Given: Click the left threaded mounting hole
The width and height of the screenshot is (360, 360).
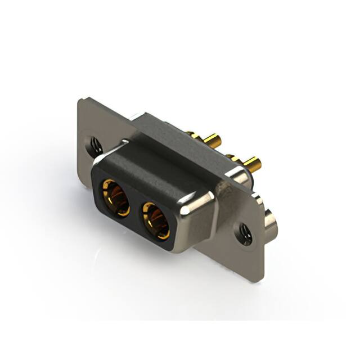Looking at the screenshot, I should click(93, 146).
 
